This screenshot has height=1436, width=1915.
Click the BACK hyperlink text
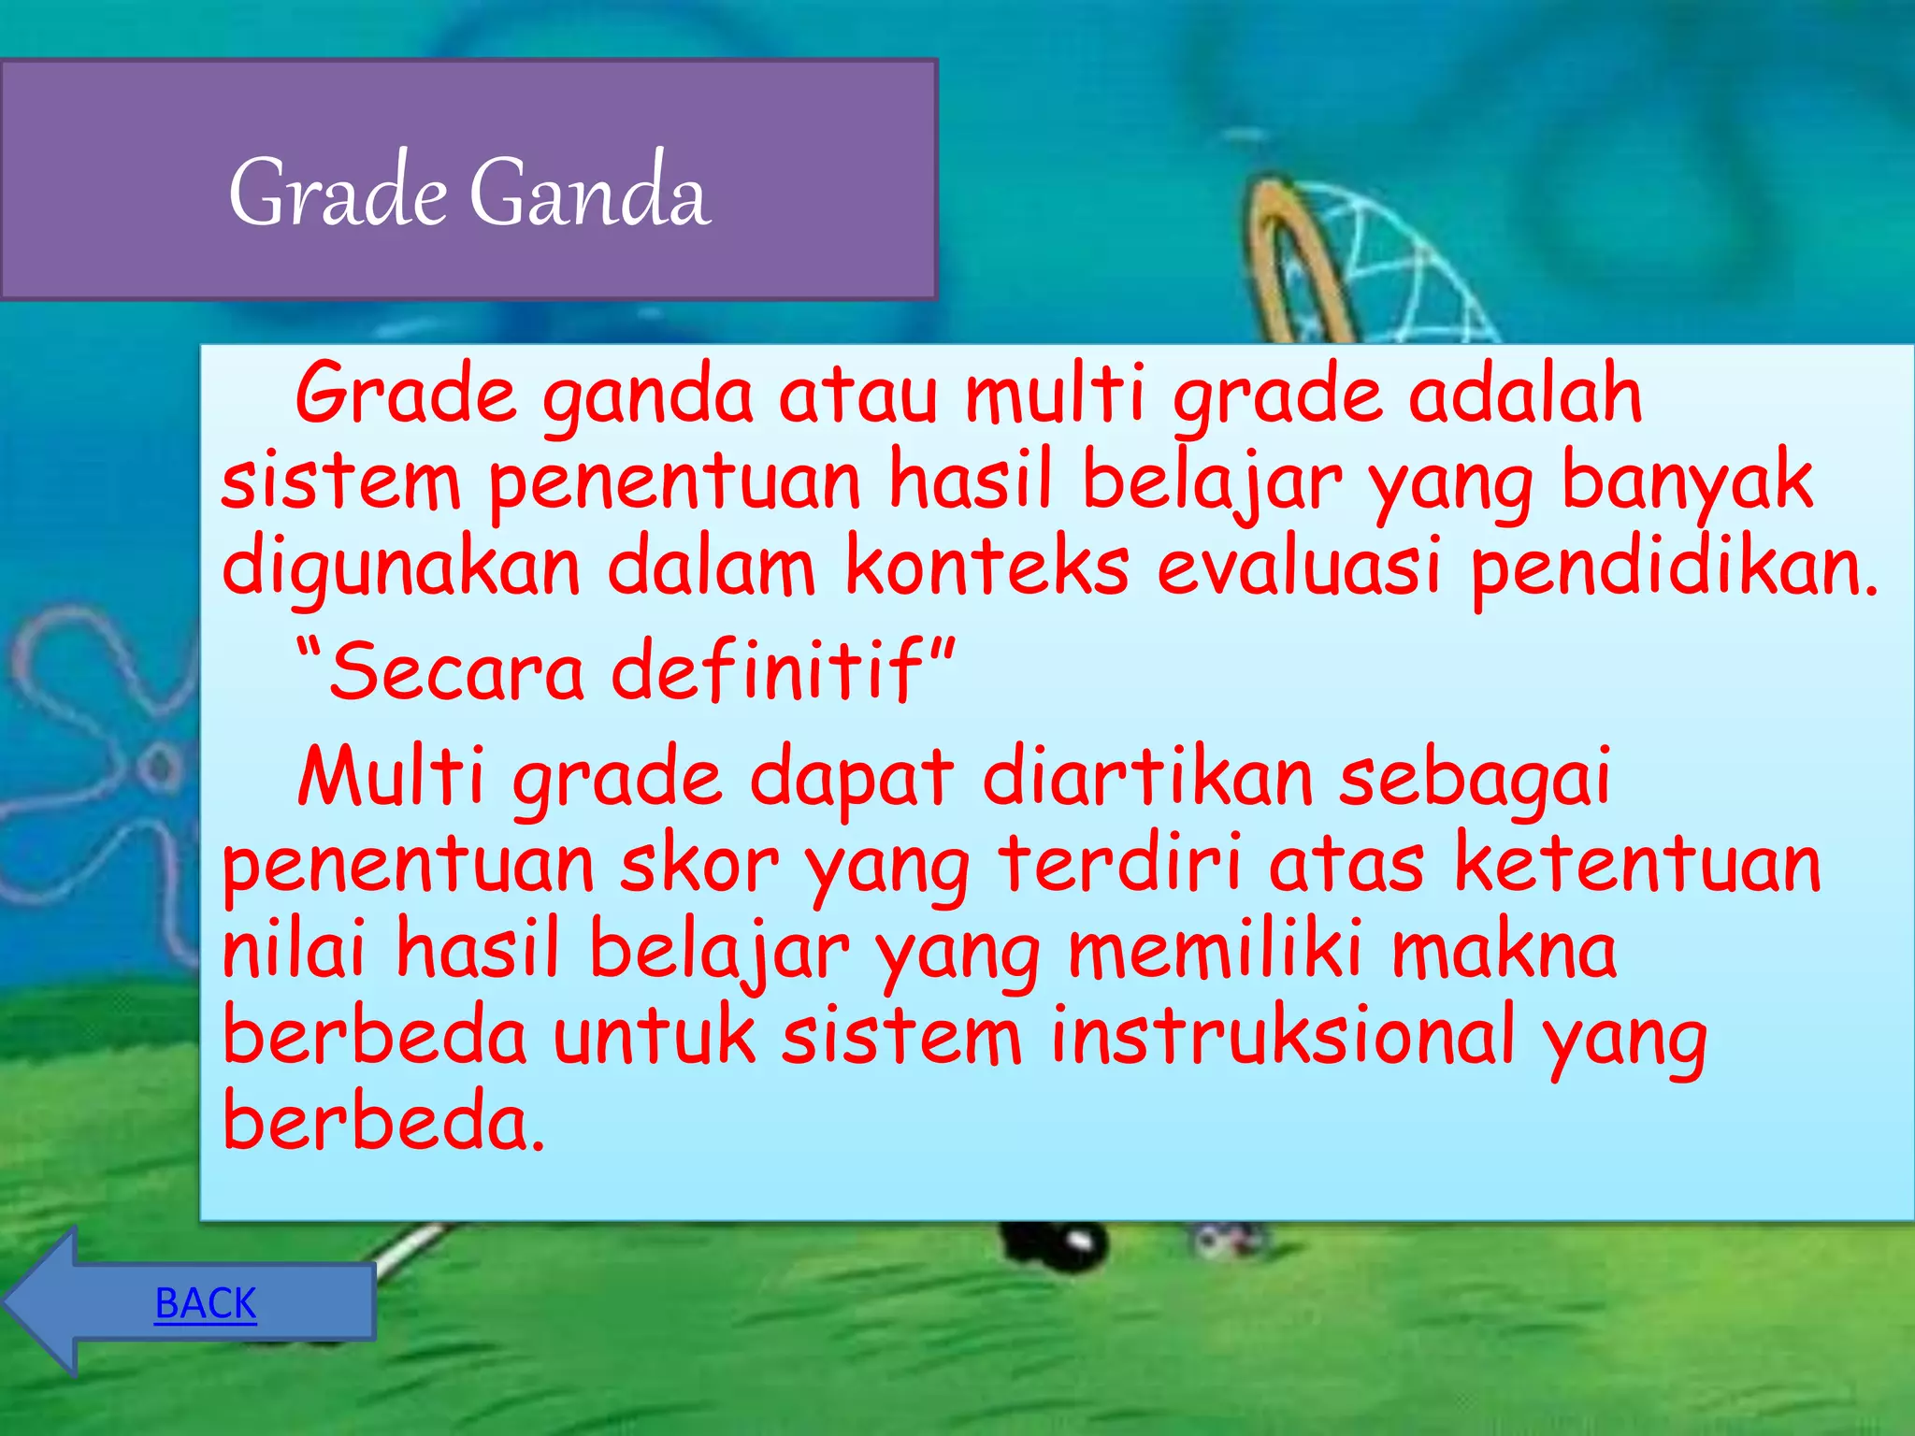click(x=206, y=1302)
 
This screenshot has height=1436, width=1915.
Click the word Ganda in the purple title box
click(x=589, y=193)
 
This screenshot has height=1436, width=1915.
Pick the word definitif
click(x=767, y=671)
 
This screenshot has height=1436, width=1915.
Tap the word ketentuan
click(x=1636, y=864)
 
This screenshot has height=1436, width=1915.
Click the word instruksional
click(x=1282, y=1036)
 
